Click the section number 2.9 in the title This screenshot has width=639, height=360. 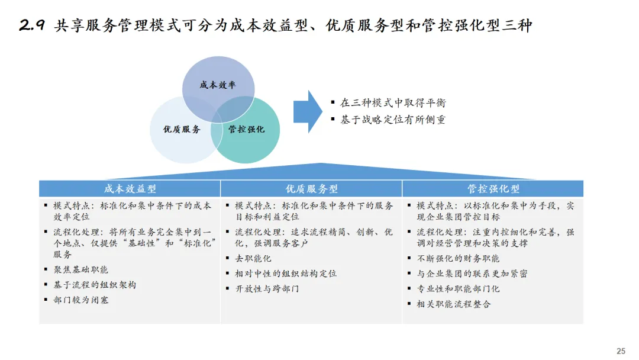coord(32,26)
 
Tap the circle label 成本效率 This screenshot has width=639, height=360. coord(217,85)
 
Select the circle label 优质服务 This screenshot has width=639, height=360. coord(182,129)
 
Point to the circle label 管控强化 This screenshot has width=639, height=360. coord(246,129)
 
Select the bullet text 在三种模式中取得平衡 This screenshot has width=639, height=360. coord(393,103)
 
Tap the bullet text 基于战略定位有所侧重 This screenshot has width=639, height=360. coord(393,120)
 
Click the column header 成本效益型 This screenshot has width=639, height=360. coord(130,189)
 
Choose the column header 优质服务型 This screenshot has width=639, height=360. coord(312,189)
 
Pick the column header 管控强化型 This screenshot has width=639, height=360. coord(493,189)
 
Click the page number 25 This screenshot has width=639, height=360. coord(621,351)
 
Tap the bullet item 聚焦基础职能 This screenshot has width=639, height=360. coord(81,269)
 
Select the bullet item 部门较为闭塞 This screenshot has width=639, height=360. coord(81,300)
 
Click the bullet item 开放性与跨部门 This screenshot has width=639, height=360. coord(267,289)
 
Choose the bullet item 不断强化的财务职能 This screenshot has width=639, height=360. coord(458,258)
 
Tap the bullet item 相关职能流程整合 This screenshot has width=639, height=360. coord(454,304)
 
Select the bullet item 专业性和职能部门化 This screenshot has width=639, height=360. coord(458,289)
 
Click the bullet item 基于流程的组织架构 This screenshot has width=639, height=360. coord(95,285)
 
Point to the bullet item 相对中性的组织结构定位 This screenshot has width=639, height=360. coord(286,274)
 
